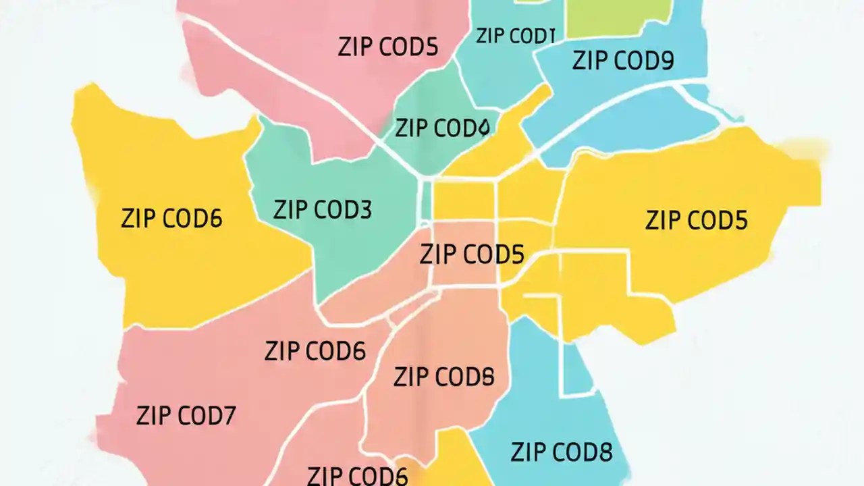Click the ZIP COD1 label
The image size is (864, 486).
[x=515, y=36]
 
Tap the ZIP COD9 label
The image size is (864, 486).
[x=622, y=61]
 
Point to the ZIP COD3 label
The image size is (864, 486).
[x=322, y=210]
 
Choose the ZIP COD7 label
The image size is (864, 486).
[x=186, y=416]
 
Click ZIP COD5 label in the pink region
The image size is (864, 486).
[x=387, y=47]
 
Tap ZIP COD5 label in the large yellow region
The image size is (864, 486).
[x=696, y=221]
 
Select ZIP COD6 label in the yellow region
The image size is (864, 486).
[x=171, y=219]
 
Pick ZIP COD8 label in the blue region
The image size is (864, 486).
[x=562, y=452]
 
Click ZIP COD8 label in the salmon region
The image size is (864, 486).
[x=443, y=377]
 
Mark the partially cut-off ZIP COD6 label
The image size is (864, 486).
[x=358, y=475]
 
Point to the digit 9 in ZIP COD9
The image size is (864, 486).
[x=666, y=61]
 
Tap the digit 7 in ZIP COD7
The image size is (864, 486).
[x=227, y=416]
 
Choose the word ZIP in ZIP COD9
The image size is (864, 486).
[x=587, y=61]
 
